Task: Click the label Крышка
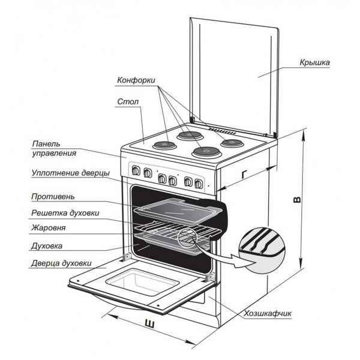314,63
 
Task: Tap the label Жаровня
49,228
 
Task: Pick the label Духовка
47,245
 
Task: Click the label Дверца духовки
62,263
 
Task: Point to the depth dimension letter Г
244,175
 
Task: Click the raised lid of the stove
234,72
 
